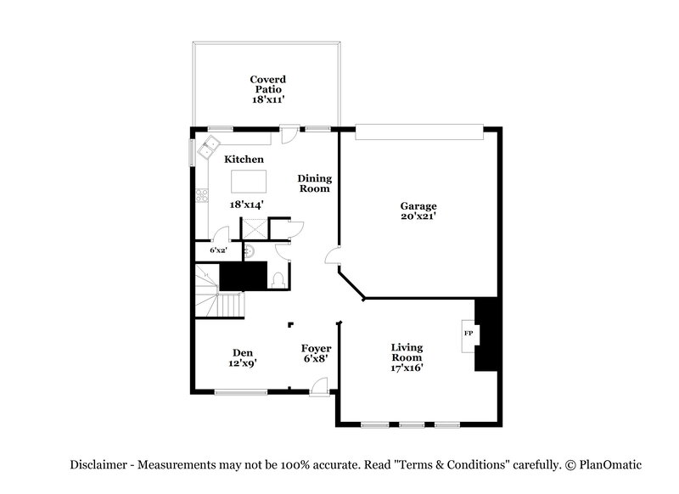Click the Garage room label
(x=418, y=206)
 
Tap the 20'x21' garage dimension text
(x=418, y=217)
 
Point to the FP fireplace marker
(x=468, y=334)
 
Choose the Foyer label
(x=316, y=348)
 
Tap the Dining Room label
(x=313, y=183)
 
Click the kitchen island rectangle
(x=248, y=181)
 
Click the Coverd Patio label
(x=267, y=79)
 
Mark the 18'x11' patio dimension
(x=267, y=100)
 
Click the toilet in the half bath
(x=280, y=278)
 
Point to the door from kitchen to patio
(x=289, y=133)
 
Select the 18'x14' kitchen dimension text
(x=247, y=205)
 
